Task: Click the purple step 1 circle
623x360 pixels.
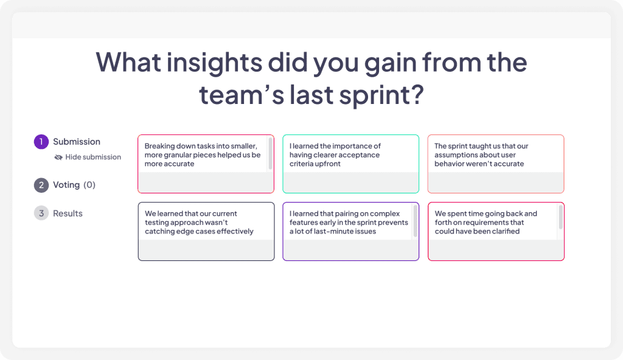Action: pos(41,142)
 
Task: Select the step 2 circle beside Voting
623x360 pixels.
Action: pos(41,185)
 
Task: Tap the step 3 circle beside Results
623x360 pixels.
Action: pos(41,213)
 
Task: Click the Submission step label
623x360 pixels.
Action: pos(77,142)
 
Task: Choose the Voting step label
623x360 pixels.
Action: pos(66,185)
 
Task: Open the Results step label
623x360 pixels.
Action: pos(68,213)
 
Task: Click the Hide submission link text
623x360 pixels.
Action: pos(93,157)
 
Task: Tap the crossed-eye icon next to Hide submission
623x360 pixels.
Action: pos(58,157)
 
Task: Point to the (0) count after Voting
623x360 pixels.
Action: pos(89,185)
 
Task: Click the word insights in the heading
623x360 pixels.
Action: pos(214,63)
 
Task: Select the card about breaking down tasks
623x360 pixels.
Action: pos(206,164)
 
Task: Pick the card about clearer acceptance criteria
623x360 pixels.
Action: pos(351,164)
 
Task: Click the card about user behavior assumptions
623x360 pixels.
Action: pos(496,164)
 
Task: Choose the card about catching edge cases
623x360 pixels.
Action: pos(206,232)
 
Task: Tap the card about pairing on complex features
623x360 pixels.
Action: pos(351,232)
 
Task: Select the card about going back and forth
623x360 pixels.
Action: pos(496,232)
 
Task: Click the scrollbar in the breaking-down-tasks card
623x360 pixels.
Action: pos(271,153)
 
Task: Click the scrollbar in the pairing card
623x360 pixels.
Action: pos(416,221)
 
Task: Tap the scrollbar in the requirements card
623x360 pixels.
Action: pos(560,217)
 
